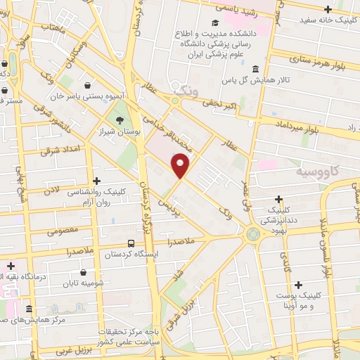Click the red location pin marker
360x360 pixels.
[181, 165]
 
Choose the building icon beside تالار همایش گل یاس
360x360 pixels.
[254, 69]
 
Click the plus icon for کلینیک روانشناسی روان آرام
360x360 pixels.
[96, 181]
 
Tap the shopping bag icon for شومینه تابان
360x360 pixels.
[84, 272]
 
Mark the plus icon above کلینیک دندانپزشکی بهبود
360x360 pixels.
[279, 200]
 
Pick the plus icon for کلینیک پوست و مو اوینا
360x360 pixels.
[299, 285]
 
